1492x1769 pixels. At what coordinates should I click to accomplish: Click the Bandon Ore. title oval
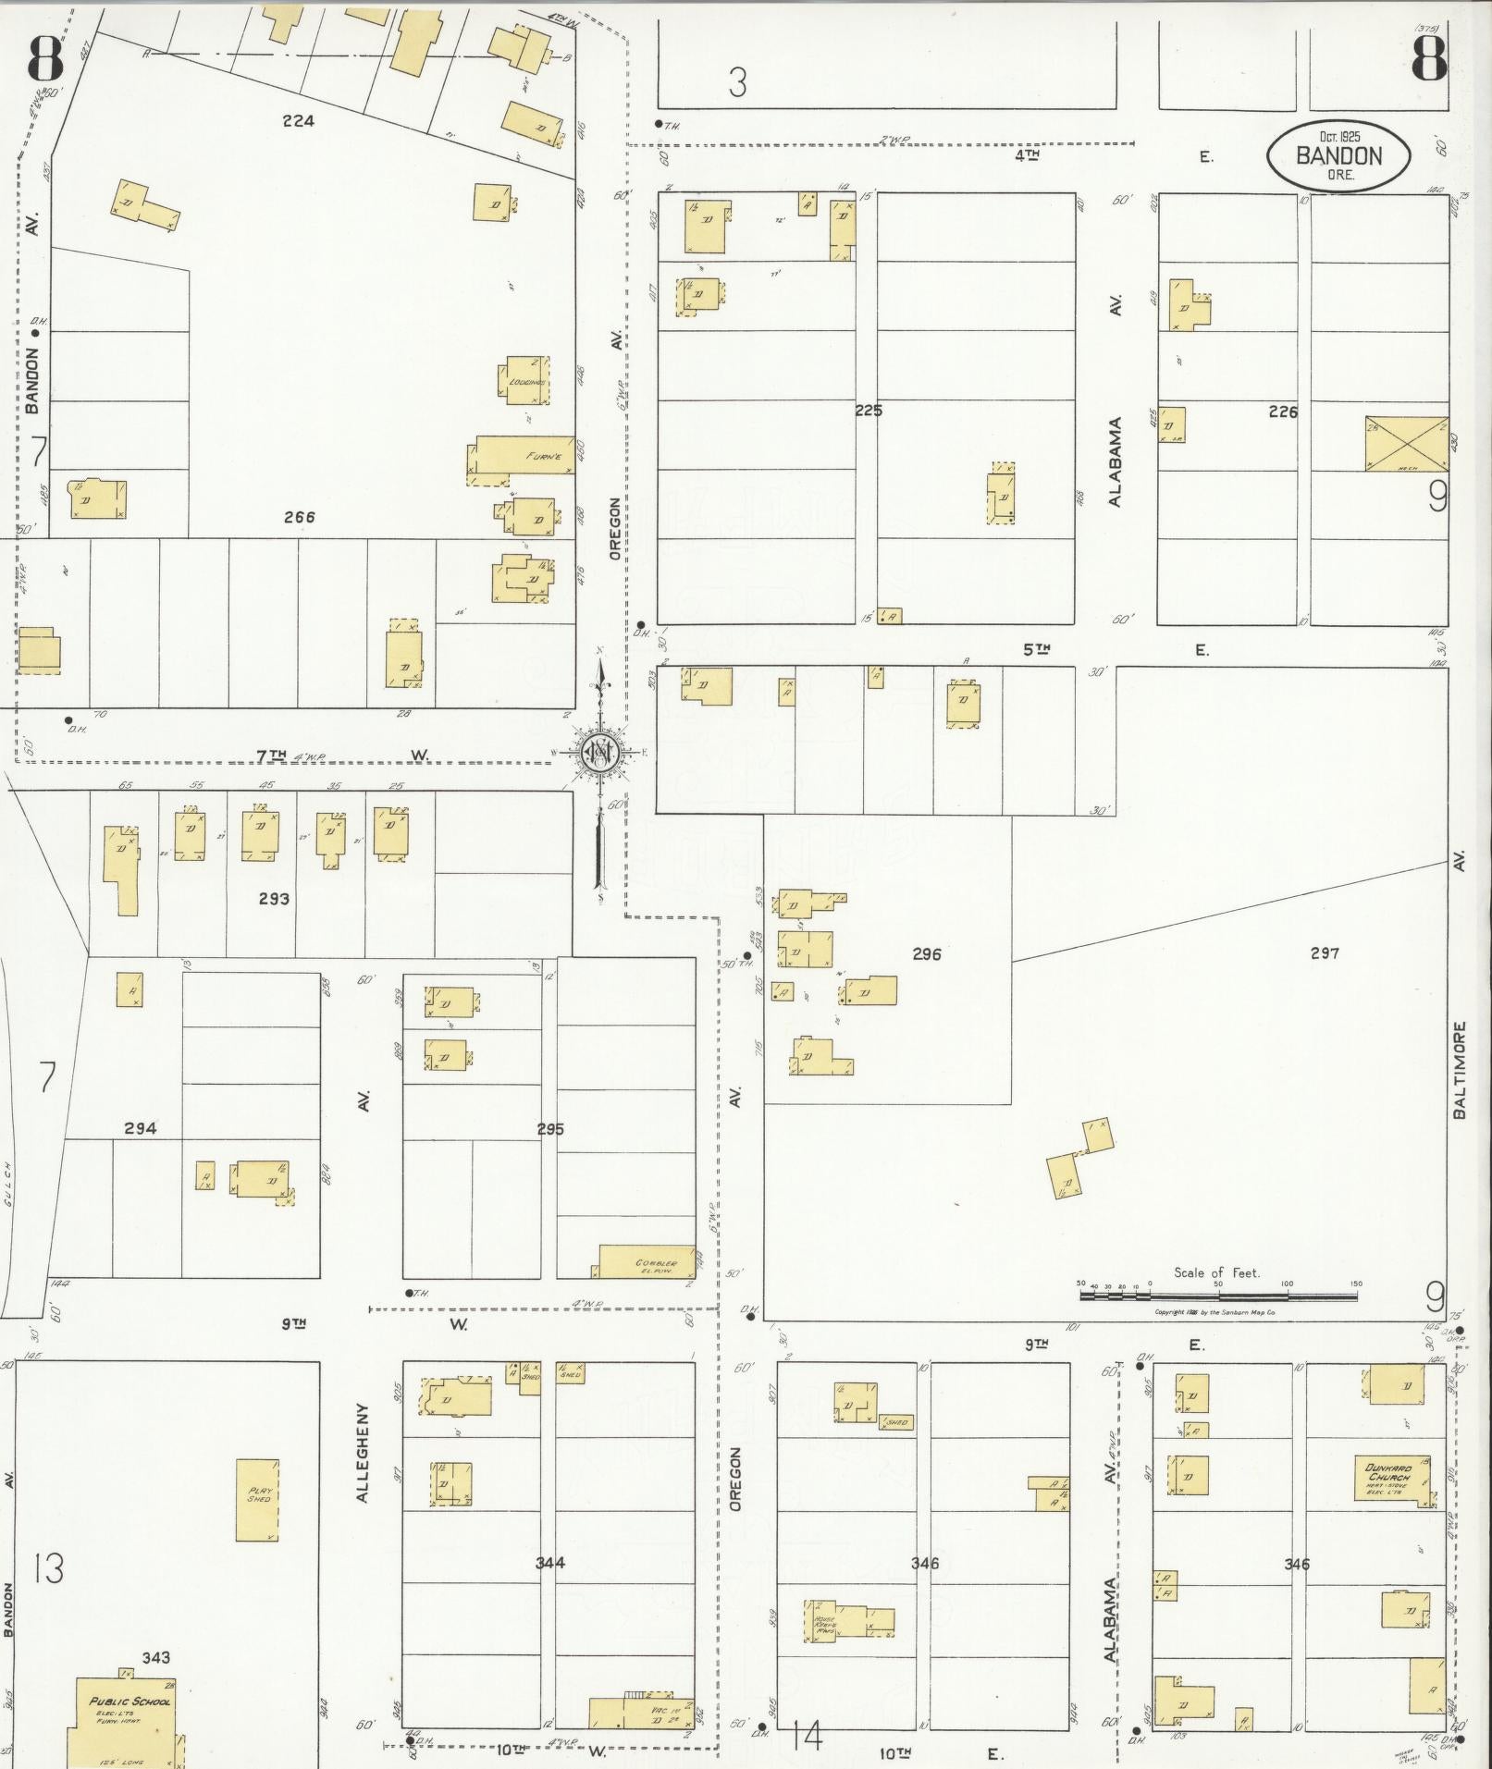click(x=1338, y=156)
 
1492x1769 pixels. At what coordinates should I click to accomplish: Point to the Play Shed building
click(x=257, y=1500)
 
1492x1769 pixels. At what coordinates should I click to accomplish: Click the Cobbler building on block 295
click(x=647, y=1262)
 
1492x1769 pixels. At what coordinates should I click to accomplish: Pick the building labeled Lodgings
click(x=527, y=380)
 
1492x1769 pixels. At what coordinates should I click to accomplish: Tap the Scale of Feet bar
click(x=1217, y=1296)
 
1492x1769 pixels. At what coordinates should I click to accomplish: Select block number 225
click(x=868, y=411)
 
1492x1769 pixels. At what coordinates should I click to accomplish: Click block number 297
click(x=1325, y=953)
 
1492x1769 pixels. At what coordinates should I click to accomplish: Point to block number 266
click(x=300, y=517)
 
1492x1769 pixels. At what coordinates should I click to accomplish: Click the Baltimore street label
click(x=1459, y=1070)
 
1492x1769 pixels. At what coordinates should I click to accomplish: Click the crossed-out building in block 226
click(x=1406, y=444)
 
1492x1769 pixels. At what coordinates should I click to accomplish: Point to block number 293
click(x=274, y=898)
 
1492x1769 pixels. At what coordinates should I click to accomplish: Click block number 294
click(x=141, y=1128)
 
